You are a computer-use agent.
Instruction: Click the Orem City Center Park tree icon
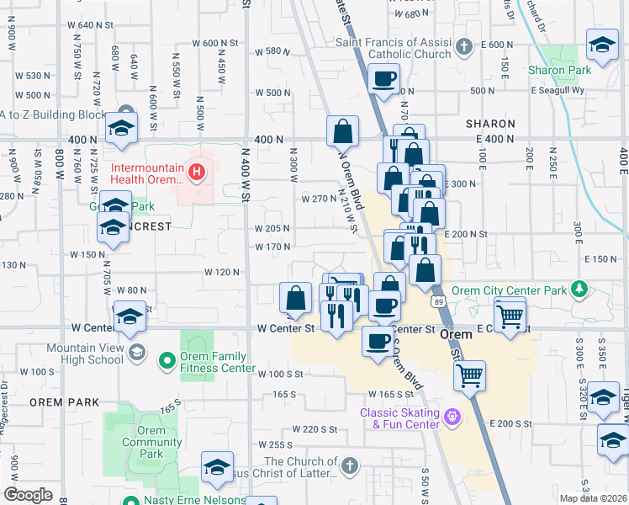(x=579, y=290)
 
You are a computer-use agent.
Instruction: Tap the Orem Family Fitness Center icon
(x=166, y=361)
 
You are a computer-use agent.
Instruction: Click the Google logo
(x=28, y=495)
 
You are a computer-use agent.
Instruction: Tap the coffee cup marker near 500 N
(x=384, y=80)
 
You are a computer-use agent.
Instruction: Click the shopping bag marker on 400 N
(x=342, y=131)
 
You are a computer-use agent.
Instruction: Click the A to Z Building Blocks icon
(x=126, y=114)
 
